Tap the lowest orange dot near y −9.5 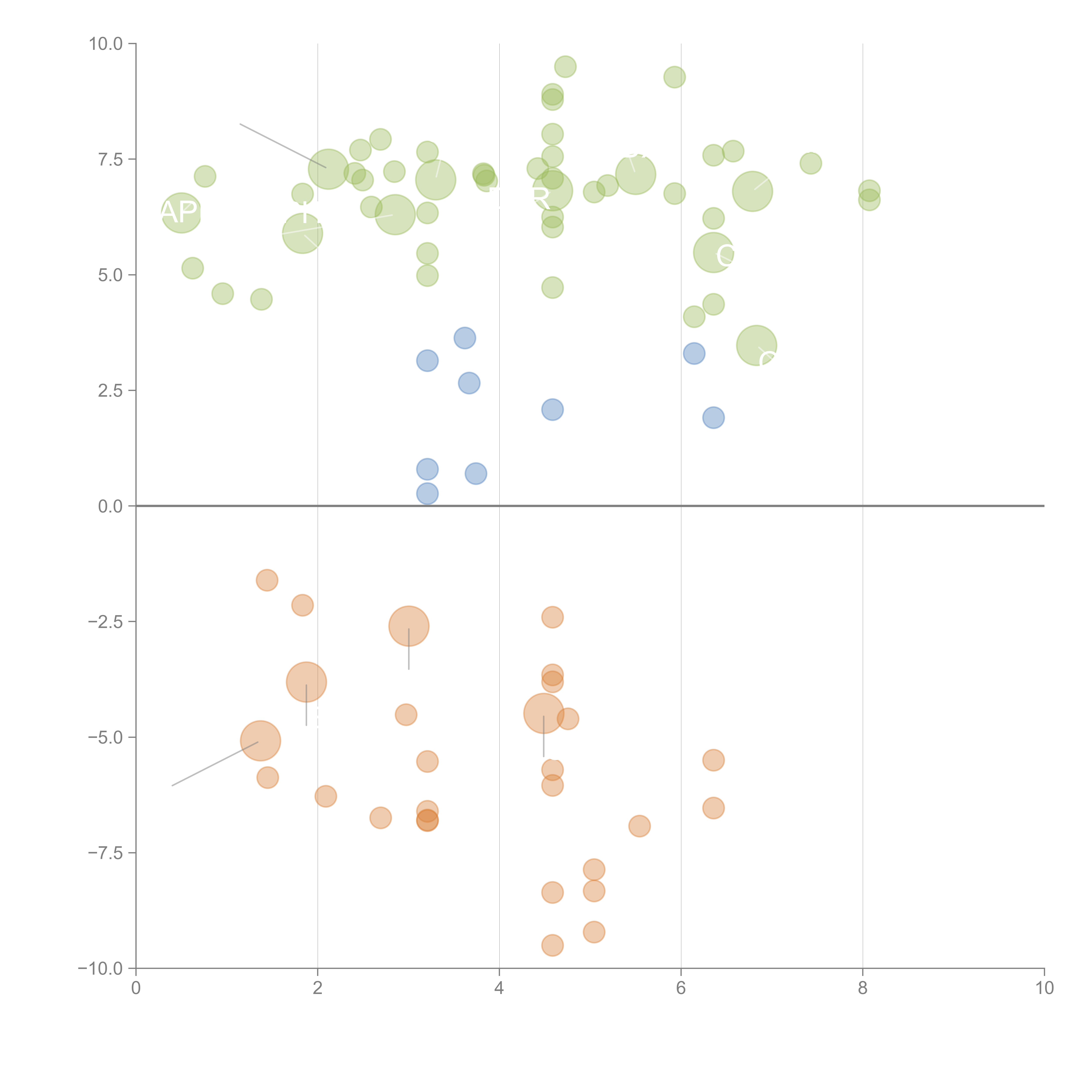coord(552,945)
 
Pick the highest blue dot coord(465,338)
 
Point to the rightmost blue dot coord(714,417)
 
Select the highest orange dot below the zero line coord(267,580)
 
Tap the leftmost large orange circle coord(260,740)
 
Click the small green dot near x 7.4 coord(810,163)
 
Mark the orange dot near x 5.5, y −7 coord(639,826)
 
